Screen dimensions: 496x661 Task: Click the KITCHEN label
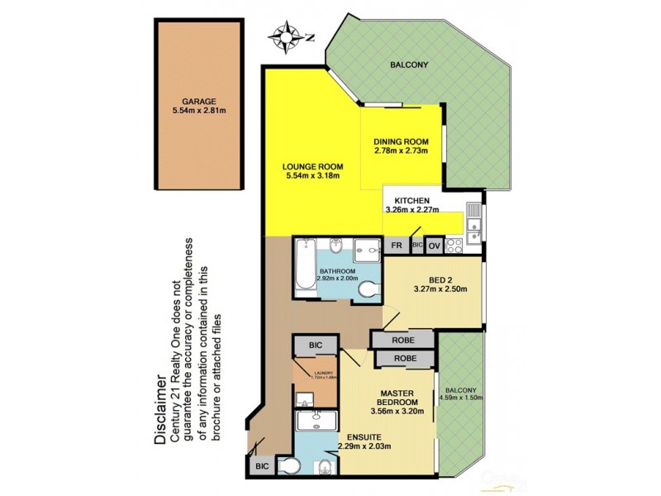(411, 200)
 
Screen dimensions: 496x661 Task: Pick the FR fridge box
(397, 246)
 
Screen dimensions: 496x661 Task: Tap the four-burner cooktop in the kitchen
(453, 245)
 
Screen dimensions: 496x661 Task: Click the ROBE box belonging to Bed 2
(402, 339)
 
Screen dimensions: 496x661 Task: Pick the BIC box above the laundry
(314, 344)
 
